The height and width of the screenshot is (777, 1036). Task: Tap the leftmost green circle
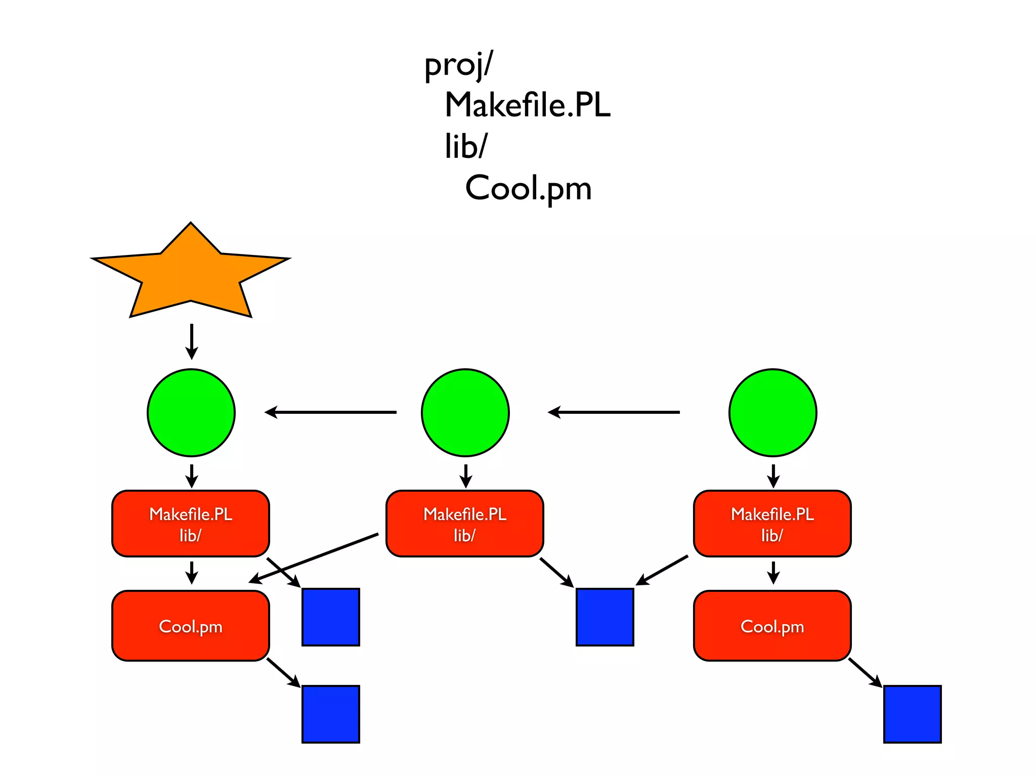click(x=191, y=412)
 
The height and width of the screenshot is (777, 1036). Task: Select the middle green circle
click(x=465, y=412)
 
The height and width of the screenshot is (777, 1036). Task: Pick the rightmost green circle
click(x=772, y=412)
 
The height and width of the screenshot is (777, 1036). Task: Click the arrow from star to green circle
click(x=191, y=341)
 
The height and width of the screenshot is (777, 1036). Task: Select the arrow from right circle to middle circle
click(x=614, y=412)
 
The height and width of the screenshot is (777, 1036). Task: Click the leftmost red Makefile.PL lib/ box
click(x=191, y=524)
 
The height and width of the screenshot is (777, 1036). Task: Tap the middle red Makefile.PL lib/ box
click(x=464, y=524)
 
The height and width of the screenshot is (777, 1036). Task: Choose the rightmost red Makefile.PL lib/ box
click(x=772, y=524)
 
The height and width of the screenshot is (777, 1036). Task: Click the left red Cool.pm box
click(x=191, y=626)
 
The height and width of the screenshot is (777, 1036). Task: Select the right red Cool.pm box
click(x=772, y=626)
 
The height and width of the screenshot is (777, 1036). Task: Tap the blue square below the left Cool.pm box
click(x=331, y=714)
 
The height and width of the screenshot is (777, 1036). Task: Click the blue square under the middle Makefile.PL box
click(x=605, y=617)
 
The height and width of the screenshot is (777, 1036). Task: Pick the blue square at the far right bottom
click(x=912, y=714)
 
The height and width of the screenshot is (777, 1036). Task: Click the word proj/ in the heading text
click(x=458, y=66)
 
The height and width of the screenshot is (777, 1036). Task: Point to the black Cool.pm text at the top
click(x=528, y=188)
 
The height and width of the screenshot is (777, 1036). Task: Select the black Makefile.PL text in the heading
click(x=528, y=105)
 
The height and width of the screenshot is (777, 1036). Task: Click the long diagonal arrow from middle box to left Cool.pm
click(x=314, y=558)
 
